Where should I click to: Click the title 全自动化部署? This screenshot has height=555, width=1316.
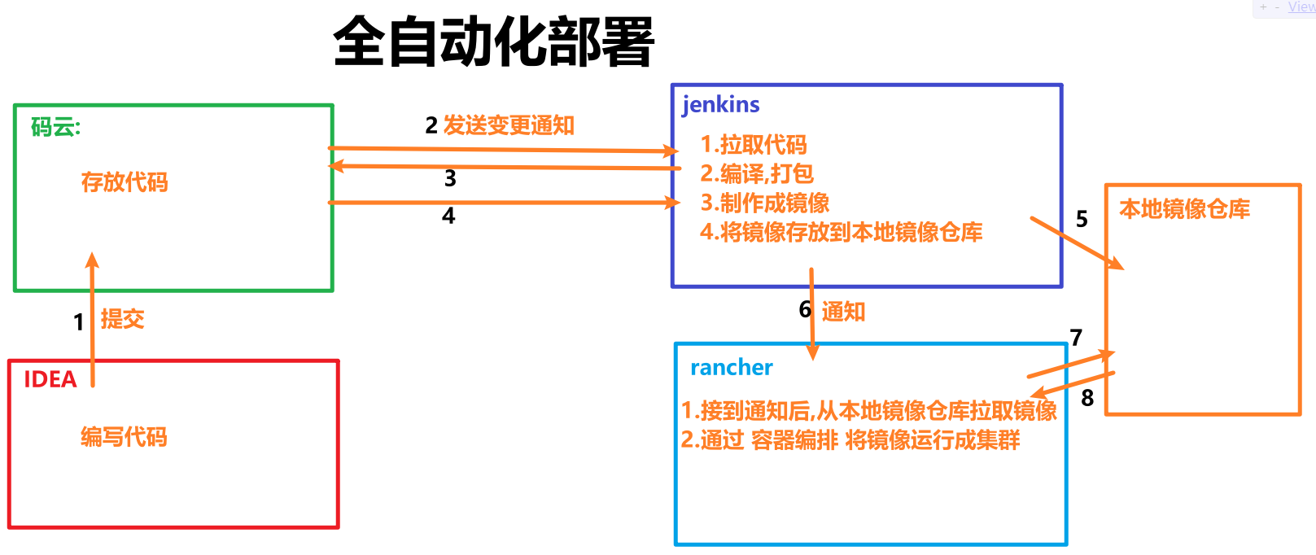coord(493,42)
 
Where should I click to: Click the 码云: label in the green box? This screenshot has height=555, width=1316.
coord(55,127)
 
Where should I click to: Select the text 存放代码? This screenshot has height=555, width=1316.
coord(125,182)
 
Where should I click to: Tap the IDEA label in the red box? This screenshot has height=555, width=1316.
coord(50,379)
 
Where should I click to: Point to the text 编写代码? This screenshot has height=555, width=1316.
coord(124,437)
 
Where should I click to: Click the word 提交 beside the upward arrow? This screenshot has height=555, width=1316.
coord(122,319)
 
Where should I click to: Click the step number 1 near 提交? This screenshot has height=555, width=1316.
coord(78,322)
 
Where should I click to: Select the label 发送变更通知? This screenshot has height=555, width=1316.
coord(509,125)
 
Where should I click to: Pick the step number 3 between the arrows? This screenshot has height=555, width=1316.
coord(450,178)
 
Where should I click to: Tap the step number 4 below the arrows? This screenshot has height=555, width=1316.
coord(448,216)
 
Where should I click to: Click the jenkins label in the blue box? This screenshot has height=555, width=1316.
coord(720,104)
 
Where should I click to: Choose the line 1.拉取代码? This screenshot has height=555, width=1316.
coord(754,145)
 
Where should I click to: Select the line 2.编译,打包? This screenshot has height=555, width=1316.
coord(757,173)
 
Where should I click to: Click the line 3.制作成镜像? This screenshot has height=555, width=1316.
coord(765,203)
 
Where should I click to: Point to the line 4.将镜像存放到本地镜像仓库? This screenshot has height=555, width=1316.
coord(841,232)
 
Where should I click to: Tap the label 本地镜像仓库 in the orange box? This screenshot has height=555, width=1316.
coord(1184,209)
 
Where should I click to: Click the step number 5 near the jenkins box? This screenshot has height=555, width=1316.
coord(1082,219)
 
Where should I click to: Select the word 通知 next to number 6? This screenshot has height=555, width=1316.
coord(843,311)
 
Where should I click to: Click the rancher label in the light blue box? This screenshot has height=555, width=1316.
coord(731,368)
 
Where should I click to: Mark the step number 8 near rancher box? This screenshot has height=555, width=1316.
coord(1087,398)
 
